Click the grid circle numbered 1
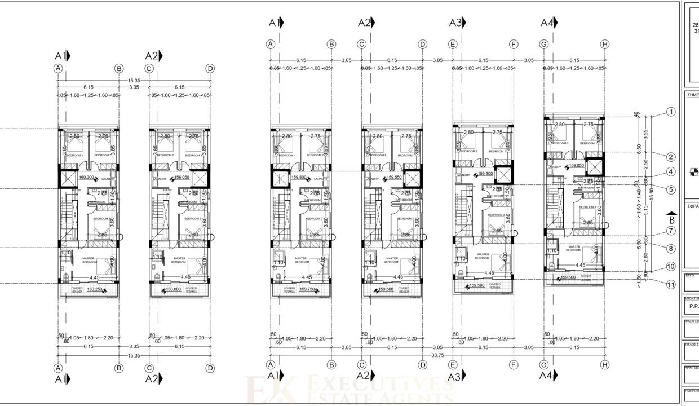click(671, 112)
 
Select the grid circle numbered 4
click(671, 172)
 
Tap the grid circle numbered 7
click(671, 231)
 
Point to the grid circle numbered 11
click(671, 285)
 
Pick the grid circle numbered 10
click(671, 266)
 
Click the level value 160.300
click(86, 178)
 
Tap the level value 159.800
click(299, 177)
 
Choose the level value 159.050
click(576, 166)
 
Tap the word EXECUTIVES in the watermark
click(381, 385)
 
